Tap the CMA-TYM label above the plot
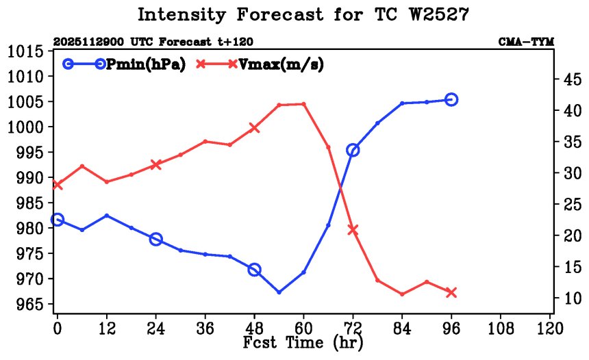point(526,42)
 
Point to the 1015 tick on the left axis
point(26,52)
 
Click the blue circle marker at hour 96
point(451,99)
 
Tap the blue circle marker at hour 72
point(353,150)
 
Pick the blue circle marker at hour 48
point(254,270)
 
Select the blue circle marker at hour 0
point(58,220)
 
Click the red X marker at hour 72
point(353,230)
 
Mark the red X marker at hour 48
point(254,127)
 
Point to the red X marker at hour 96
point(451,292)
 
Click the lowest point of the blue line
point(279,292)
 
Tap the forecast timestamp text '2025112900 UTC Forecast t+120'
point(133,42)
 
